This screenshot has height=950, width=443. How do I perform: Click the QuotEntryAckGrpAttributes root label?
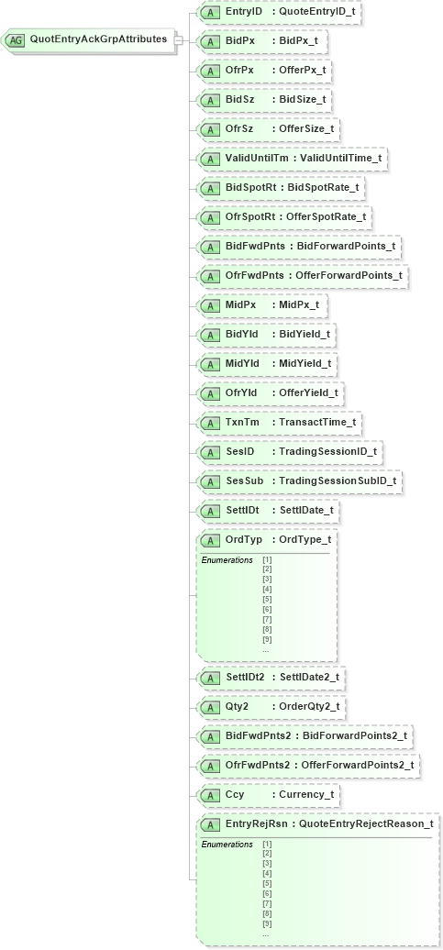[x=98, y=39]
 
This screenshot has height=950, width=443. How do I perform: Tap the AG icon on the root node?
[x=16, y=40]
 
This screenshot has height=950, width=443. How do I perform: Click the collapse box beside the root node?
[x=179, y=40]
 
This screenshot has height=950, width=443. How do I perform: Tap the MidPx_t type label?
[x=302, y=305]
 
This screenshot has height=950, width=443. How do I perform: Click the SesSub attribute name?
[x=244, y=481]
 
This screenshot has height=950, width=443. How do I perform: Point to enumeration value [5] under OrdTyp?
[x=267, y=599]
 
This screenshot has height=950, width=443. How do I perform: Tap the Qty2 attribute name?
[x=237, y=707]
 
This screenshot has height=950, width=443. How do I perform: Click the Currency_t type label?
[x=305, y=795]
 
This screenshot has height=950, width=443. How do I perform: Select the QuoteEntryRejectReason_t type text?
[x=366, y=824]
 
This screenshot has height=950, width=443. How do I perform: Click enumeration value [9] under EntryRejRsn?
[x=267, y=923]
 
